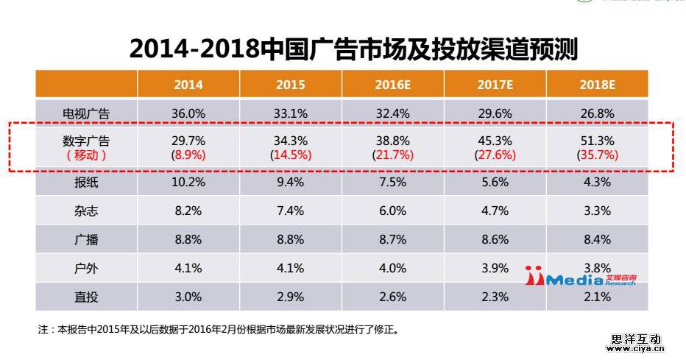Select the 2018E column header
tap(596, 85)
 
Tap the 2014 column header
tap(188, 85)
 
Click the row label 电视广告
tap(86, 113)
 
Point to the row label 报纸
tap(86, 183)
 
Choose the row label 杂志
tap(86, 211)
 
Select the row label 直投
tap(86, 297)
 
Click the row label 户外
tap(86, 268)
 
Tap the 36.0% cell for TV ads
tap(188, 113)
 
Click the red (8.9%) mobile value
tap(188, 155)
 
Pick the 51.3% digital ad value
tap(596, 141)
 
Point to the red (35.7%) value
tap(596, 155)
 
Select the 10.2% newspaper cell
tap(188, 183)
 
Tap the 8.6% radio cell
tap(494, 240)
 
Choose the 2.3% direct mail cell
tap(494, 297)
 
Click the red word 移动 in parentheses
tap(86, 155)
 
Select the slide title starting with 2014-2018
tap(353, 49)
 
